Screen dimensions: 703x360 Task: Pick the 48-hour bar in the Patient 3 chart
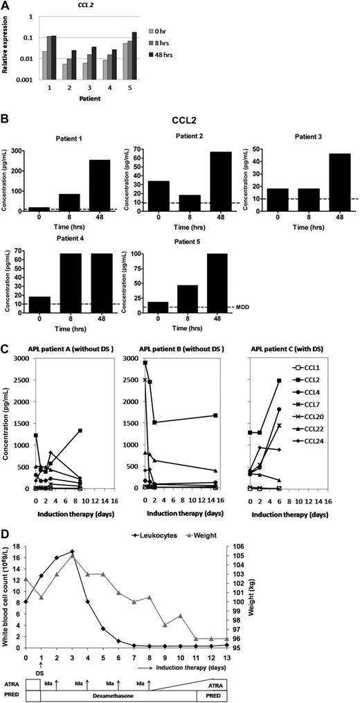point(319,186)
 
